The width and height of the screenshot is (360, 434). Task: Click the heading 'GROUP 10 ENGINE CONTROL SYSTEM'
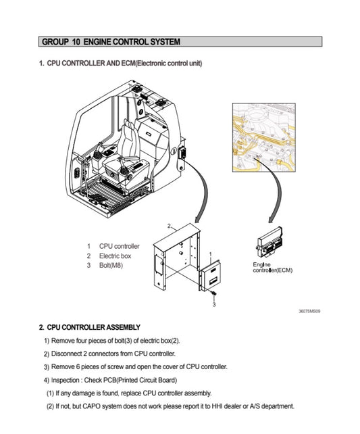click(111, 42)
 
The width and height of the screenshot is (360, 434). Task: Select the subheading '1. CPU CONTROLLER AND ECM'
click(120, 64)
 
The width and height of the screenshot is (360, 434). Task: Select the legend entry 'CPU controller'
click(119, 246)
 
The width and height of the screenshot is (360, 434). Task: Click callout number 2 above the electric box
click(168, 224)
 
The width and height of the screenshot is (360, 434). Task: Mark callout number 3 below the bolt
click(213, 305)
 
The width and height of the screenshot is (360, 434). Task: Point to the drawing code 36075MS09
click(309, 312)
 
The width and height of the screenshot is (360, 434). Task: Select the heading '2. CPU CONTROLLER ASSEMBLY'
click(89, 327)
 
